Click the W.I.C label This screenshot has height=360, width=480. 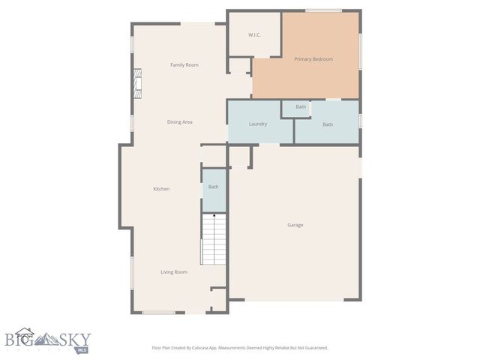click(254, 35)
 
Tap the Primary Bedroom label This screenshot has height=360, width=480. click(313, 58)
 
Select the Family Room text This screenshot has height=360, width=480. click(184, 65)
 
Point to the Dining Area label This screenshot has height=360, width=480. click(180, 121)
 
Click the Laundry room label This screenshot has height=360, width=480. click(258, 124)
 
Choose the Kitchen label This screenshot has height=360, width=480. click(161, 189)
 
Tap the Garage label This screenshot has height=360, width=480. click(295, 225)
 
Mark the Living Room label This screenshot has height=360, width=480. click(174, 272)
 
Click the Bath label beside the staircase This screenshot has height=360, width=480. click(213, 187)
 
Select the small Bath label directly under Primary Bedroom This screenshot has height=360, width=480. click(301, 106)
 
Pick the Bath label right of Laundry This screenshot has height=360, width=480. click(328, 124)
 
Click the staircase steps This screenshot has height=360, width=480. click(214, 240)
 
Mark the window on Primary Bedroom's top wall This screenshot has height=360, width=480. click(324, 10)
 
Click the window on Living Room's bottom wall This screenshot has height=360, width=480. click(158, 313)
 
